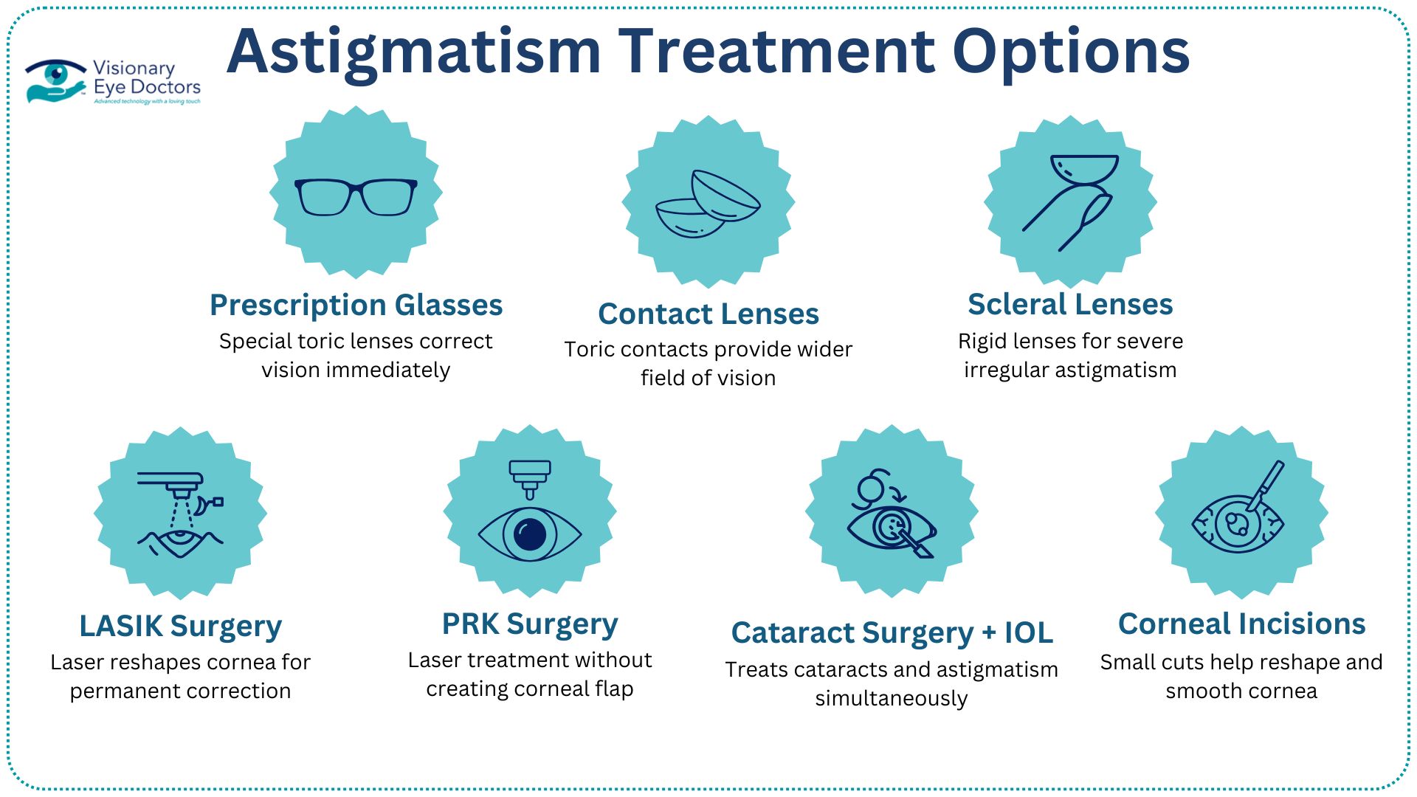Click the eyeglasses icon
coord(356,196)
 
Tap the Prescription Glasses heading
coord(356,305)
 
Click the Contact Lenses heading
coord(708,314)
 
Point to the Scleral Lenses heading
coord(1070,304)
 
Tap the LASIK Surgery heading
coord(180,626)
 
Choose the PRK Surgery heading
coord(530,624)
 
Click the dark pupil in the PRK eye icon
coord(530,534)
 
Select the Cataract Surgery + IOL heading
coord(892,632)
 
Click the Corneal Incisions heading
coord(1241,624)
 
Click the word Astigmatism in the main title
coord(413,52)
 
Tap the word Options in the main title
coord(1071,52)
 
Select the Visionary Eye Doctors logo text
coord(146,78)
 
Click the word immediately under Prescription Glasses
coord(356,370)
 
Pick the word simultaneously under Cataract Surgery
coord(892,698)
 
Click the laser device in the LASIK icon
coord(171,481)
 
